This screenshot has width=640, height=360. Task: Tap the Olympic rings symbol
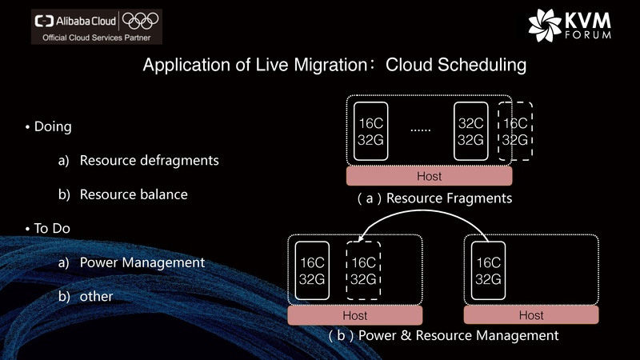142,20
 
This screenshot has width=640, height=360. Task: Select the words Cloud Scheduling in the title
456,65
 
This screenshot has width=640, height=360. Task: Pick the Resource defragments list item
149,160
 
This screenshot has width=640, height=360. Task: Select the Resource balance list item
134,194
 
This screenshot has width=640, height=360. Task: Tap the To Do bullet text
52,228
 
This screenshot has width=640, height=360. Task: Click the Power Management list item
142,262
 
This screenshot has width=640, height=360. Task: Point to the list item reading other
96,296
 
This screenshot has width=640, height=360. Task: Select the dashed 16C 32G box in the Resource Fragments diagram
515,131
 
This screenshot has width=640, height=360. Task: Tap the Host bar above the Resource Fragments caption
430,176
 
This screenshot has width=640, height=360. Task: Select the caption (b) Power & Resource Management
443,335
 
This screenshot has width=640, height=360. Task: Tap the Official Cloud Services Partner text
96,37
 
